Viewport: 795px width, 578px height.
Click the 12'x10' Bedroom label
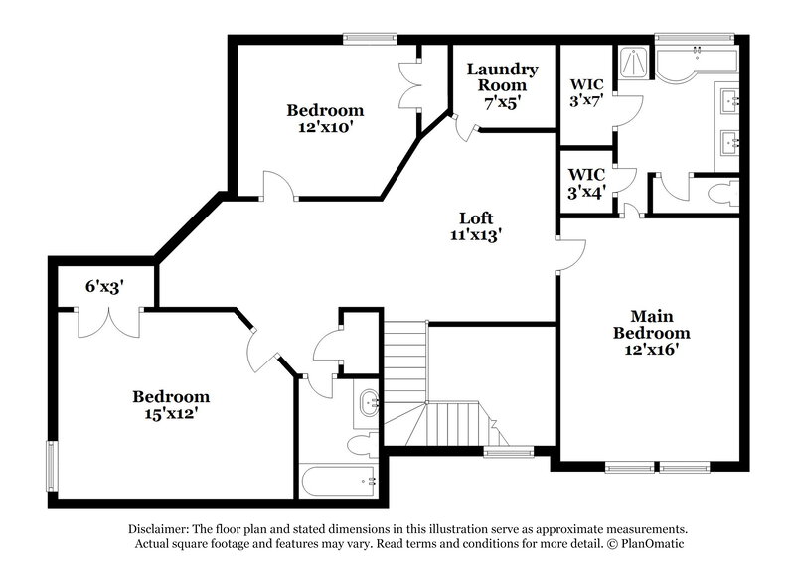[x=325, y=118]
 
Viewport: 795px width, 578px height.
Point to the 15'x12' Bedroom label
[x=171, y=405]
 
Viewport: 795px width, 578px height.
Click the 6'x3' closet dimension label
[x=104, y=287]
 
